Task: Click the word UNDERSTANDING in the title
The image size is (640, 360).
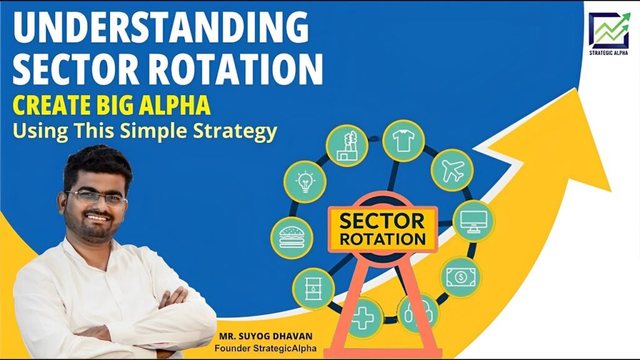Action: coord(161,27)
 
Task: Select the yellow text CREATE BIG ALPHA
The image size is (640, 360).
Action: coord(111,105)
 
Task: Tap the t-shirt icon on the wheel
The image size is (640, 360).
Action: coord(403,141)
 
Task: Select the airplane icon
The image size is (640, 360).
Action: coord(452,170)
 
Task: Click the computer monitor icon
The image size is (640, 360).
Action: coord(474,221)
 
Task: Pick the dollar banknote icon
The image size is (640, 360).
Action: coord(461,277)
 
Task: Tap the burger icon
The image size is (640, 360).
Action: coord(291,237)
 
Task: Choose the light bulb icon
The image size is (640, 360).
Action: coord(305,182)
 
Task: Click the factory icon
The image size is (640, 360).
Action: coord(347,146)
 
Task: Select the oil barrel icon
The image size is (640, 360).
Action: coord(313,288)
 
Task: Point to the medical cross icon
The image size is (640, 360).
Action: coord(362,317)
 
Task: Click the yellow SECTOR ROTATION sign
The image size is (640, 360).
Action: coord(383,229)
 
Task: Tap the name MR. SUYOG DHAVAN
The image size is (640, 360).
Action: coord(266,336)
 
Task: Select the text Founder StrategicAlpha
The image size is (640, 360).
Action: coord(265,349)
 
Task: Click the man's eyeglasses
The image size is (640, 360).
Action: coord(97,198)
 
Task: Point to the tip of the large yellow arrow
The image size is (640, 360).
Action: coord(577,88)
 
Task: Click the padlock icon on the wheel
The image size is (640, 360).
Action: coord(418,314)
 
